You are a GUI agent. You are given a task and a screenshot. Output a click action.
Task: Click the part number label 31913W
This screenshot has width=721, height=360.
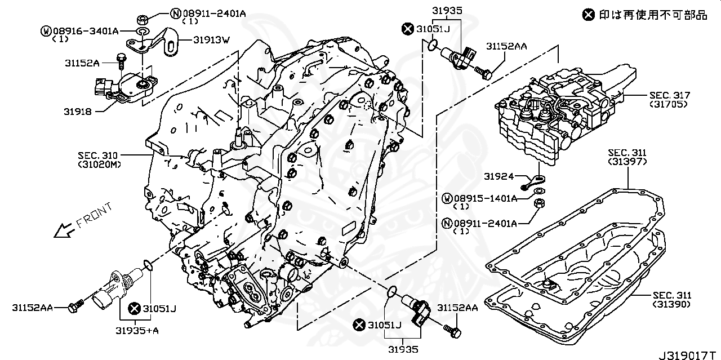coord(212,40)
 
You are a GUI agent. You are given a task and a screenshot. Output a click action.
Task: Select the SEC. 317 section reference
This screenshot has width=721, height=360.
coord(669,95)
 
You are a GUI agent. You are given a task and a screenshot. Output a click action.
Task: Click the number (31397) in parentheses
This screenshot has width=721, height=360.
coord(627,162)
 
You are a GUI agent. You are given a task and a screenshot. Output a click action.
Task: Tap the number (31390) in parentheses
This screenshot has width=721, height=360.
coord(672,304)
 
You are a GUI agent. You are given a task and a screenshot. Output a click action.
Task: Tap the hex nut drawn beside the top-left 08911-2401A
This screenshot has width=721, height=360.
coord(143,15)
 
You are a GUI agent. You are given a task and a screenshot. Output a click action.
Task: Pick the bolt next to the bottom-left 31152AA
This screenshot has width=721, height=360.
coord(74,306)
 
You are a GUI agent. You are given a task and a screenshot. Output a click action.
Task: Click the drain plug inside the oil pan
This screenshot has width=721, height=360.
coord(549,284)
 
